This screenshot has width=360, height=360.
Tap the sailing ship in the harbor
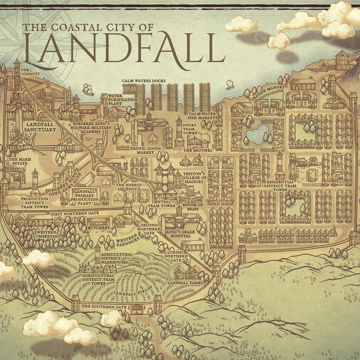point(88,89)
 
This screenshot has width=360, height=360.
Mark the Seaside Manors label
point(265,90)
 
